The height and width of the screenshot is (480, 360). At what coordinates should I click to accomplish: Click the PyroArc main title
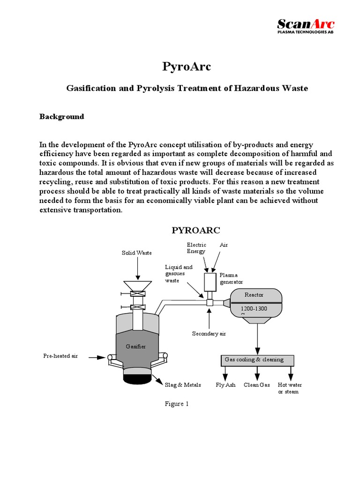[x=187, y=67]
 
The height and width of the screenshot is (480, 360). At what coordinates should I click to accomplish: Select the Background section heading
[x=61, y=117]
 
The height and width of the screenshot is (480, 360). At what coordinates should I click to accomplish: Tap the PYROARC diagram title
[x=196, y=230]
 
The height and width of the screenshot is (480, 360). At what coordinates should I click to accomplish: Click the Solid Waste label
[x=137, y=253]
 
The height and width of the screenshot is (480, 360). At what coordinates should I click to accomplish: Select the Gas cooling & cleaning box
[x=257, y=360]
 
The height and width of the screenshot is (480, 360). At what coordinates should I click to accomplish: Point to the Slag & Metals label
[x=183, y=385]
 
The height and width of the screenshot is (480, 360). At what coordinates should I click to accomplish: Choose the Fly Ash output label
[x=225, y=385]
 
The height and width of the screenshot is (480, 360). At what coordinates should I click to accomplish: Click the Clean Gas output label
[x=257, y=385]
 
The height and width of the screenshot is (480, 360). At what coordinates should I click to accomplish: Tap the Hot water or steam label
[x=290, y=388]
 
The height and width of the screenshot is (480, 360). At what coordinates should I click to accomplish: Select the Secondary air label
[x=209, y=334]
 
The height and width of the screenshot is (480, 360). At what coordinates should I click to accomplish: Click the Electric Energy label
[x=196, y=248]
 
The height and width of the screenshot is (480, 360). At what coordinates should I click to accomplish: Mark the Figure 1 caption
[x=177, y=404]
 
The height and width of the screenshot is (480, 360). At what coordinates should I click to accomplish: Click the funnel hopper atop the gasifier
[x=137, y=285]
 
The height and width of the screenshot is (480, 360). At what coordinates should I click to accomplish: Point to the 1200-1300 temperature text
[x=254, y=309]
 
